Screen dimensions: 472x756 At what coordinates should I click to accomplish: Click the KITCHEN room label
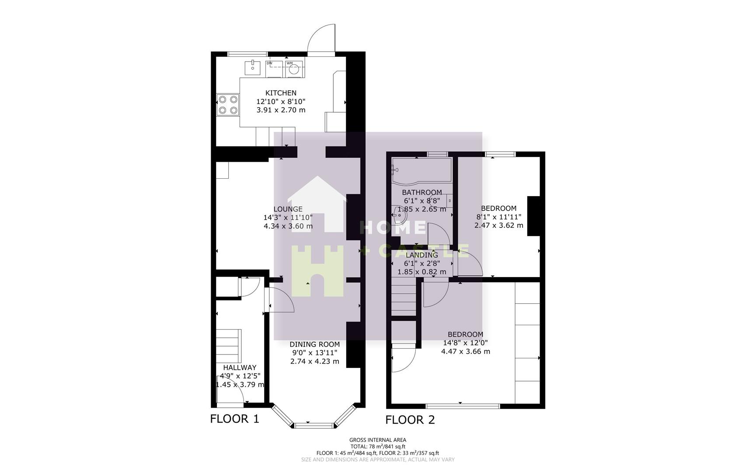pos(281,93)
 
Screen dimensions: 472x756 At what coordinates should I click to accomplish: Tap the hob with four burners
pos(228,105)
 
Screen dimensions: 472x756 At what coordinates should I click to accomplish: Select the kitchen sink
pos(253,68)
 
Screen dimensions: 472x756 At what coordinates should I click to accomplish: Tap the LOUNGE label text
pos(288,209)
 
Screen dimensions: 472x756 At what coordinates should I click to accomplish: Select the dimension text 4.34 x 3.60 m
pos(288,226)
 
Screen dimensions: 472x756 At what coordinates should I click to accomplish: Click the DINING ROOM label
pos(314,344)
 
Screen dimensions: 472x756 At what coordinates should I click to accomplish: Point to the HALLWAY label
pos(240,368)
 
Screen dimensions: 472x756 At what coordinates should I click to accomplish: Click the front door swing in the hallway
pos(230,392)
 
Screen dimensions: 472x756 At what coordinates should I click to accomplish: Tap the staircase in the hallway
pos(228,345)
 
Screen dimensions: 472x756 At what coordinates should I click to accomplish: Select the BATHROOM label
pos(422,192)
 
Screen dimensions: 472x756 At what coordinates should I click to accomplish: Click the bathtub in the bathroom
pos(422,170)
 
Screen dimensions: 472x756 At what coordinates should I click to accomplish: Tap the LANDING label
pos(422,255)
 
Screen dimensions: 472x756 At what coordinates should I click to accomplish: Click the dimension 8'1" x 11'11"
pos(498,217)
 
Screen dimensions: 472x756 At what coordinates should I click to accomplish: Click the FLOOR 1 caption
pos(234,419)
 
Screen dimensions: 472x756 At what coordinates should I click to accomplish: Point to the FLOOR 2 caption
pos(410,420)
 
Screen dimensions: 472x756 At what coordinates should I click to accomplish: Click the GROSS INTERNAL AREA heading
pos(377,440)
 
